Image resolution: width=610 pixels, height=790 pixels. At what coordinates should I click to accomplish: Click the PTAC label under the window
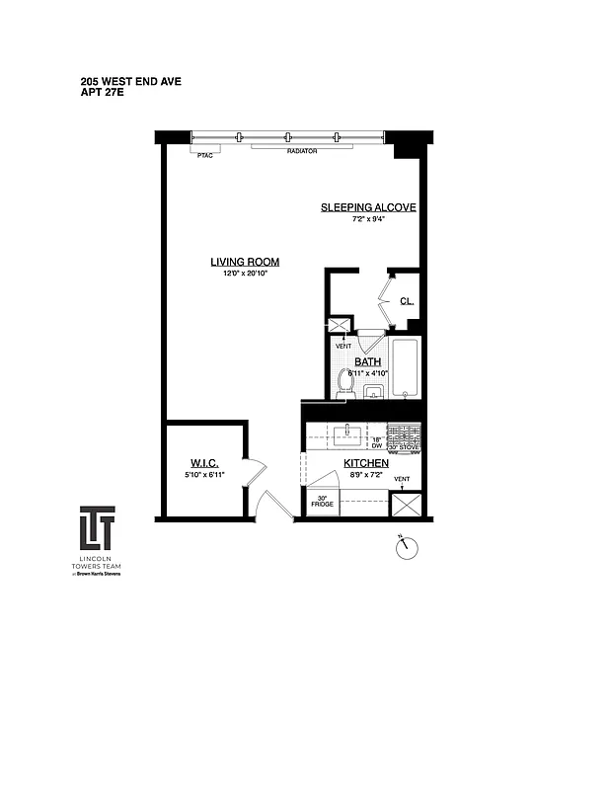click(x=205, y=156)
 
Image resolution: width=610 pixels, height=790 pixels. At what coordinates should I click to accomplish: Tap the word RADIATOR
click(x=301, y=152)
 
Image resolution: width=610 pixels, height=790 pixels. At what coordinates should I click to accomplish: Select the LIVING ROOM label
click(x=245, y=262)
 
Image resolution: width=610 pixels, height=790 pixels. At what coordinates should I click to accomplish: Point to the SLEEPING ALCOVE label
click(x=368, y=207)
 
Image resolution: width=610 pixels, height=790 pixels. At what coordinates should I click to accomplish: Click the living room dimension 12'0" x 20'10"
click(x=245, y=274)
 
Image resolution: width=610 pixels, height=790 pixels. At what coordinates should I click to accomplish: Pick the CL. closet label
click(x=406, y=302)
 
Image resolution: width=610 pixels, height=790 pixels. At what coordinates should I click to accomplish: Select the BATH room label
click(x=367, y=361)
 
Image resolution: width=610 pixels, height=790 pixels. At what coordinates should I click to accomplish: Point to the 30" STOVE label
click(x=404, y=447)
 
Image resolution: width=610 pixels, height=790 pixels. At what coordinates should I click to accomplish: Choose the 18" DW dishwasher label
click(x=376, y=443)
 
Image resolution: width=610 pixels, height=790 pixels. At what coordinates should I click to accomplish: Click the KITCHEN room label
click(x=365, y=463)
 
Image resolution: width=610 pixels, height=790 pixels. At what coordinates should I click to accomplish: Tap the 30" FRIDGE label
click(x=323, y=501)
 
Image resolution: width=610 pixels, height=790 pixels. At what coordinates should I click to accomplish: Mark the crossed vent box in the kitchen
click(x=406, y=504)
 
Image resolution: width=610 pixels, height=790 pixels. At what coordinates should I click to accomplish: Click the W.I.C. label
click(x=204, y=464)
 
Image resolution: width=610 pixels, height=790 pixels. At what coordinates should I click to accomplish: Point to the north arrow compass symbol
click(x=407, y=547)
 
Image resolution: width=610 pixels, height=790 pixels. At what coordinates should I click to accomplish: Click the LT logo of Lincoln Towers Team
click(x=97, y=529)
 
